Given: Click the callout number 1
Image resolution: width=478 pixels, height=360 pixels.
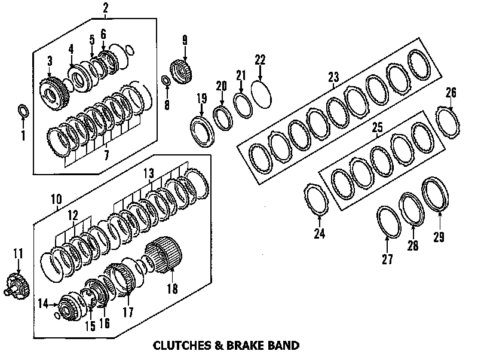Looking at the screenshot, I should (23, 136).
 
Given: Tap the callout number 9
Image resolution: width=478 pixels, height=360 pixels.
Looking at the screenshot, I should (185, 41).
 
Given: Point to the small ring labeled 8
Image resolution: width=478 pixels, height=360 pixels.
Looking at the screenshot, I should (166, 81).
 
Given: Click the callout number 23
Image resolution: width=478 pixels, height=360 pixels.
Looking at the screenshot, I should (333, 77).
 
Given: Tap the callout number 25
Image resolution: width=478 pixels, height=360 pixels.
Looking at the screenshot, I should (377, 127).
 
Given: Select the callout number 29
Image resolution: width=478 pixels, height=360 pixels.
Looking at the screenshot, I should (439, 237).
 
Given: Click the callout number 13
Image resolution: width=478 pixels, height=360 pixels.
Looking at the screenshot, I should (149, 173).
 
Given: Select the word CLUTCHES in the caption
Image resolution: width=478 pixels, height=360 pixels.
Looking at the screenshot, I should (177, 345).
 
